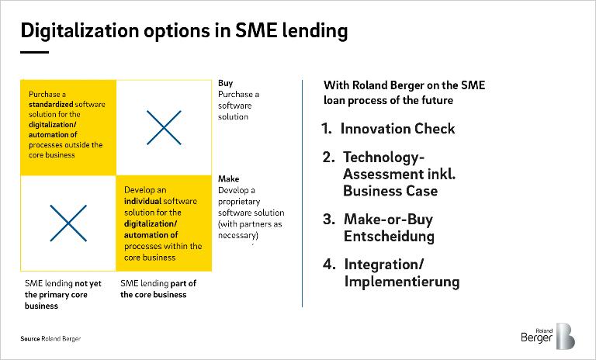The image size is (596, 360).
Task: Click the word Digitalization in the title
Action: [80, 31]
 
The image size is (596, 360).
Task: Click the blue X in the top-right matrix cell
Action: [164, 128]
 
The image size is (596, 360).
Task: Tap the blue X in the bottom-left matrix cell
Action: [68, 223]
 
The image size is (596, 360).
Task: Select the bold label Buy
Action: [225, 83]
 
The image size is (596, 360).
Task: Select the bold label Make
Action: [228, 178]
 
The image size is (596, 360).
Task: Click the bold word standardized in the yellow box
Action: [51, 104]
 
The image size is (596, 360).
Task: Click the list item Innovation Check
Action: [397, 129]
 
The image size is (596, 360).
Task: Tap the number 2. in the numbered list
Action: [328, 157]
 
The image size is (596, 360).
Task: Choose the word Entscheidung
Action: [389, 236]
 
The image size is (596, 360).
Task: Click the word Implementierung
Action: [402, 282]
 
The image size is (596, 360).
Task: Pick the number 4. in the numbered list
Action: [329, 265]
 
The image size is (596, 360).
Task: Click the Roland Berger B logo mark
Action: [565, 336]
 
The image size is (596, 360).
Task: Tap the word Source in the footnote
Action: [30, 339]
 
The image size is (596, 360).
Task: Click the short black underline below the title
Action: [35, 52]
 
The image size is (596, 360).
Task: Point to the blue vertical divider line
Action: [302, 193]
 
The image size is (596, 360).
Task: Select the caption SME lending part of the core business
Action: [158, 289]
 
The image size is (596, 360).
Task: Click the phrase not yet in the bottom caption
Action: [88, 284]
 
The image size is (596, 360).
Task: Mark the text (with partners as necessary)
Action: [250, 230]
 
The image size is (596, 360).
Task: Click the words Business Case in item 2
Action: [390, 191]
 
